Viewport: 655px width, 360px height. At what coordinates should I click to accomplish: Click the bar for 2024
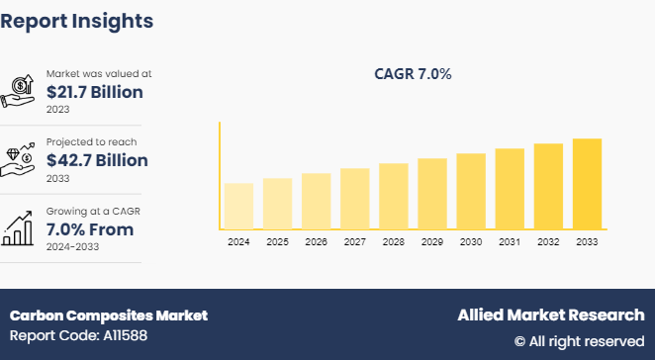[238, 206]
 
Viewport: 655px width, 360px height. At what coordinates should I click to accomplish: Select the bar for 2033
[587, 184]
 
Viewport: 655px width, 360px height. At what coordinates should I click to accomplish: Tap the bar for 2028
[393, 196]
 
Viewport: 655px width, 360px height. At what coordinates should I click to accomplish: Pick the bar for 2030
[471, 191]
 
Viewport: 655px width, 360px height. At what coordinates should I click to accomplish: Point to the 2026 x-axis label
[316, 242]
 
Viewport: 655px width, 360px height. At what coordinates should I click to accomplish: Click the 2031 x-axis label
[510, 242]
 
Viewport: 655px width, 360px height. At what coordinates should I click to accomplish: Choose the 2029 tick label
[431, 242]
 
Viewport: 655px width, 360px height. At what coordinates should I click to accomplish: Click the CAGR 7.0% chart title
[412, 74]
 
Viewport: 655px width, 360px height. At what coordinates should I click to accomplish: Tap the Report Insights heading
[77, 20]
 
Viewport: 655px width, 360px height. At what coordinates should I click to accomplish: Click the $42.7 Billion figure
[97, 160]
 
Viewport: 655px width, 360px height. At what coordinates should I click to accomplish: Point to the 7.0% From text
[90, 229]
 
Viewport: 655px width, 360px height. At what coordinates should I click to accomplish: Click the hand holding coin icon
[22, 91]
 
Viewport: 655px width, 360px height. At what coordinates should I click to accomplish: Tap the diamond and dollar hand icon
[22, 160]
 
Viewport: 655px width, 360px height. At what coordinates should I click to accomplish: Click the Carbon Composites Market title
[109, 315]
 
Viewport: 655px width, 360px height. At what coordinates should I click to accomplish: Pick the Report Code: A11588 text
[78, 337]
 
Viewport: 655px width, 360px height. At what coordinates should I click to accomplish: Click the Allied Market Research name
[550, 315]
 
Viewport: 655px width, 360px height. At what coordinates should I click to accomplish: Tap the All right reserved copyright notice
[579, 341]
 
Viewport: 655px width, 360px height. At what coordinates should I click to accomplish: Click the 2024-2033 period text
[74, 247]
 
